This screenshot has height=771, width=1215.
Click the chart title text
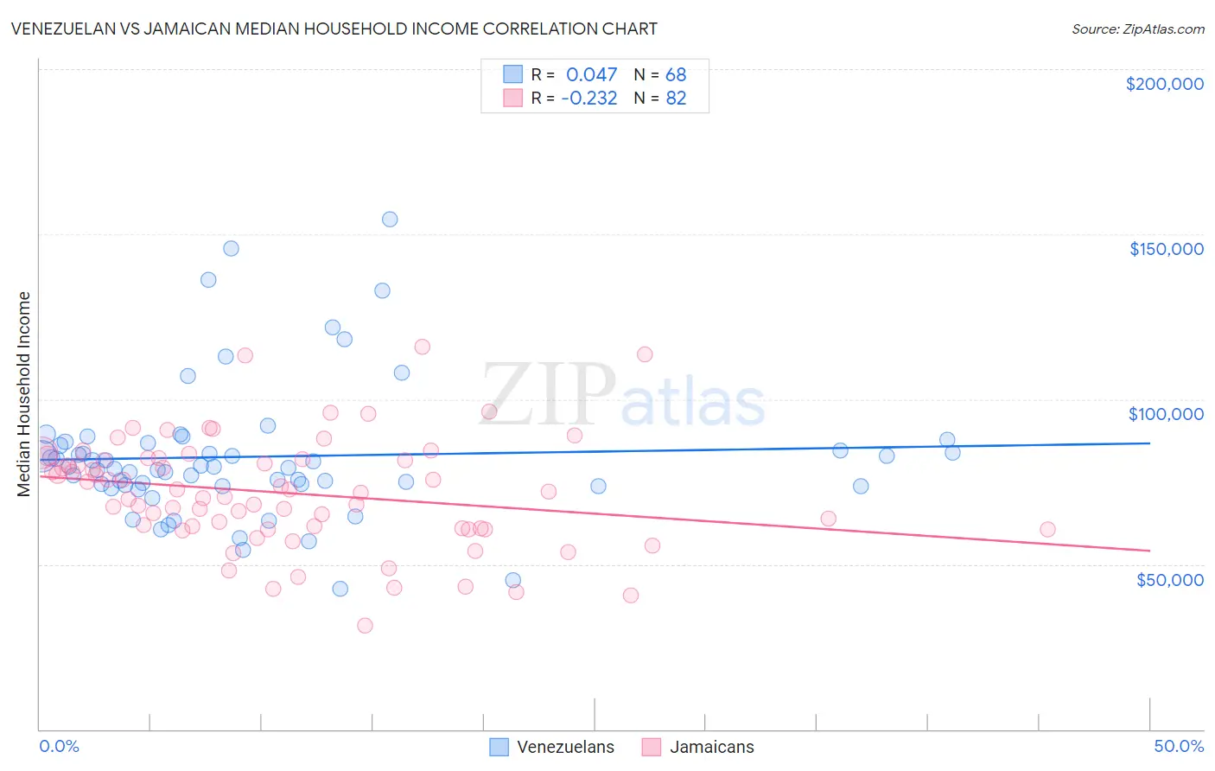(334, 29)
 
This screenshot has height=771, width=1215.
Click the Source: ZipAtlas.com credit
(1137, 29)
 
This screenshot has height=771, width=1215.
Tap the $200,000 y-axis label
(1164, 84)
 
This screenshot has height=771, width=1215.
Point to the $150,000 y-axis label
(1166, 249)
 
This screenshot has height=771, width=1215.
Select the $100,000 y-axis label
(1166, 414)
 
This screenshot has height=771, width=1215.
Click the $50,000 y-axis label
(1169, 579)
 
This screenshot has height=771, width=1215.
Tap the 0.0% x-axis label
(59, 746)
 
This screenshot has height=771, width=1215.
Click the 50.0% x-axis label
(1178, 746)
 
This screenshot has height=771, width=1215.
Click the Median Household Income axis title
(24, 394)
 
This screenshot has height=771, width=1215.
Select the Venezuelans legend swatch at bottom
(499, 747)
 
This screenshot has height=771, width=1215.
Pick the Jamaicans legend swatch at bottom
(651, 747)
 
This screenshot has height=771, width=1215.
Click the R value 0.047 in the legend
(591, 74)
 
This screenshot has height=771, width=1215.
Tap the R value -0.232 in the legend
(588, 99)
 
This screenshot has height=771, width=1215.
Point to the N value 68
(676, 74)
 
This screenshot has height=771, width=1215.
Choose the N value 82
(676, 99)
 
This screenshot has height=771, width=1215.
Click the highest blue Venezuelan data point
(390, 220)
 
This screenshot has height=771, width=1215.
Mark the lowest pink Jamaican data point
(365, 626)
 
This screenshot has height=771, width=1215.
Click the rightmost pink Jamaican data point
(1047, 530)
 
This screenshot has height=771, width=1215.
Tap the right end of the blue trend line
(1149, 443)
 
